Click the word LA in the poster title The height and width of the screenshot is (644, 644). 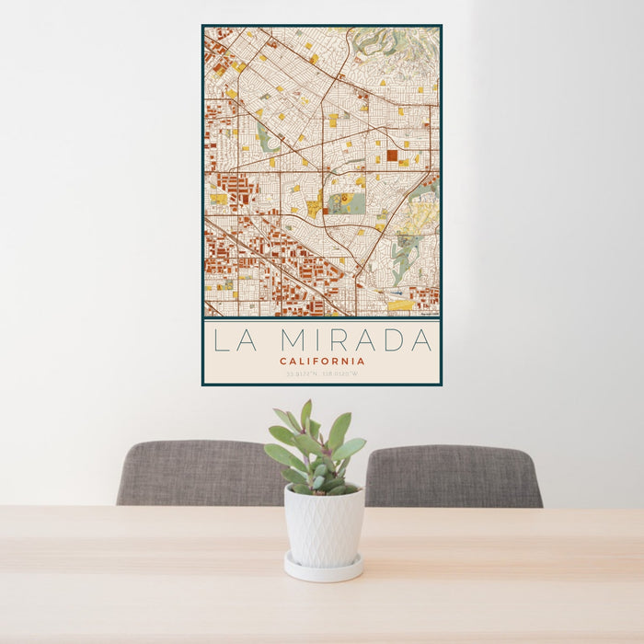pos(230,340)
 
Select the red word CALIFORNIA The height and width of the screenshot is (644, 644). pos(322,362)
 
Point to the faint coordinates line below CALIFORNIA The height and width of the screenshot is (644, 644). pos(322,374)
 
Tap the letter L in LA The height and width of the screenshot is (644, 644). pos(221,340)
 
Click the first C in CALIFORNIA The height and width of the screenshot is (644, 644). pos(283,362)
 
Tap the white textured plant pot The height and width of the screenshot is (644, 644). pos(323,526)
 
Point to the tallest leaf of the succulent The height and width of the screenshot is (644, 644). pos(305,414)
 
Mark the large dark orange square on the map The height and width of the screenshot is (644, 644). pos(392,155)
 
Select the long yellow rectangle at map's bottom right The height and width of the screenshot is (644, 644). pos(400,305)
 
